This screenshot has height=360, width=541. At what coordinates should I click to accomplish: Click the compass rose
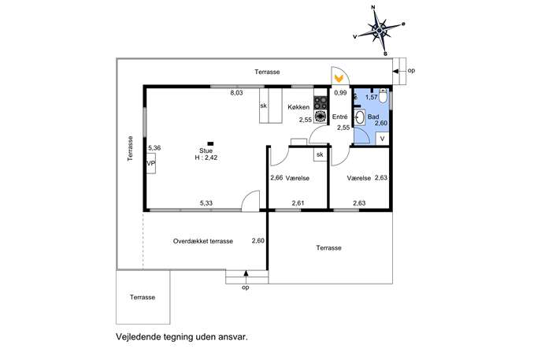(x=380, y=31)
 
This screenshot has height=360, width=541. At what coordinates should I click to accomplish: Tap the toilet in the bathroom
(x=383, y=95)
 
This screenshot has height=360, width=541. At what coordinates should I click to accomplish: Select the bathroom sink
(x=360, y=117)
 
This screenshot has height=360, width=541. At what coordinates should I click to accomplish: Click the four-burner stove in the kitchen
(x=321, y=102)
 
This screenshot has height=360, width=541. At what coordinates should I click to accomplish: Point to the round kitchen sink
(x=321, y=117)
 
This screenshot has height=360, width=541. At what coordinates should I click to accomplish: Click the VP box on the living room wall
(x=150, y=164)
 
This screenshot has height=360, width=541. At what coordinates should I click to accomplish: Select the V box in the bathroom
(x=382, y=139)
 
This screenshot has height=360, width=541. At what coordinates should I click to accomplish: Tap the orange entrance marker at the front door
(x=339, y=78)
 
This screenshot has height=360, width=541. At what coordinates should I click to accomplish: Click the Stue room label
(x=206, y=150)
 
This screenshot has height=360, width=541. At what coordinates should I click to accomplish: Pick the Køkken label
(x=298, y=107)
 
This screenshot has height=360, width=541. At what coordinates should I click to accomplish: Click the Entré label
(x=340, y=117)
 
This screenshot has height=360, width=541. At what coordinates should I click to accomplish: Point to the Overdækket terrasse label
(x=203, y=241)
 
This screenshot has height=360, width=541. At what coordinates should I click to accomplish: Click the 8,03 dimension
(x=237, y=92)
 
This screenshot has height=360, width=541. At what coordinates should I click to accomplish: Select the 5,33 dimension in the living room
(x=206, y=203)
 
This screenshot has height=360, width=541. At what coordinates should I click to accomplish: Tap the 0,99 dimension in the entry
(x=340, y=93)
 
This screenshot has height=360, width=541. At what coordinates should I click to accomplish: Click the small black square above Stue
(x=210, y=143)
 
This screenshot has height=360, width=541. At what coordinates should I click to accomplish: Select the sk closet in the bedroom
(x=320, y=154)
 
